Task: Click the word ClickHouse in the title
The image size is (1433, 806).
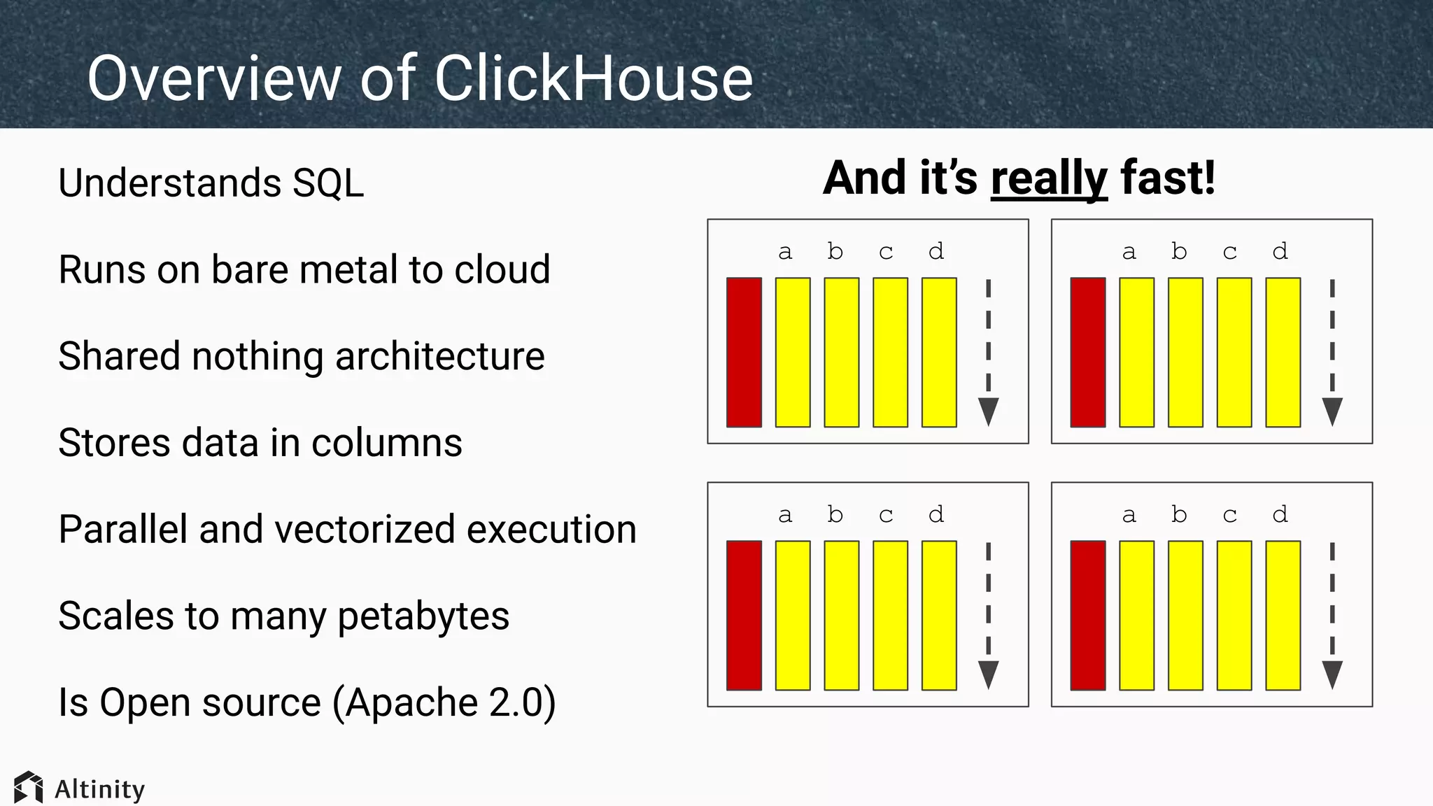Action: point(593,78)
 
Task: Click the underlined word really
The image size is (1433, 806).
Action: point(1049,179)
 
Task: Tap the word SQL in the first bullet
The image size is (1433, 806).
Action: point(328,183)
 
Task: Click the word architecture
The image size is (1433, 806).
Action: point(439,357)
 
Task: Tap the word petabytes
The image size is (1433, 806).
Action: point(423,616)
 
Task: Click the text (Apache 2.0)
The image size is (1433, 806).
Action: point(444,702)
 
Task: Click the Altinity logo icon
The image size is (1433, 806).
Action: point(28,788)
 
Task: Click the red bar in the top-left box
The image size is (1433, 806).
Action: point(744,352)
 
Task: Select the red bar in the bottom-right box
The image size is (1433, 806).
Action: point(1088,615)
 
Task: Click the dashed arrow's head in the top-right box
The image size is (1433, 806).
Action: point(1332,411)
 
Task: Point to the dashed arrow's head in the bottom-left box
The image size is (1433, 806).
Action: point(988,674)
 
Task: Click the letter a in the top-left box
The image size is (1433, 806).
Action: point(785,252)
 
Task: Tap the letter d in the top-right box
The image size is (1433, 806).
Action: point(1280,251)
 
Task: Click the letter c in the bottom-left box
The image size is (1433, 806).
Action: point(886,516)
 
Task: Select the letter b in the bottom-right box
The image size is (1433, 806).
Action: point(1179,514)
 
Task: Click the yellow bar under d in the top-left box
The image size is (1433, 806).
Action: point(939,352)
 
